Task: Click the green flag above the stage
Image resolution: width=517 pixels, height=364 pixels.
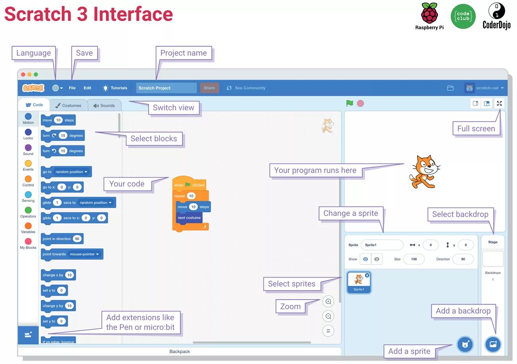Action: (349, 103)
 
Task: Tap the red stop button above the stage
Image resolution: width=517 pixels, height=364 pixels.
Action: (360, 103)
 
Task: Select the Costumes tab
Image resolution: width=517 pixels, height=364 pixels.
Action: (68, 105)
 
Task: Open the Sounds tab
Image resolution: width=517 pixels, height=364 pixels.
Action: (104, 105)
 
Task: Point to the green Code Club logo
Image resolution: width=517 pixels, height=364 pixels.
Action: (463, 17)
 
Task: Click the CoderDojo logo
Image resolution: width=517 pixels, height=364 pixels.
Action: (496, 16)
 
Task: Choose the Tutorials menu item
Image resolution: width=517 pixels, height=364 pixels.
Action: (115, 88)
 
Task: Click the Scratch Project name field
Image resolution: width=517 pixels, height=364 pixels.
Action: (166, 88)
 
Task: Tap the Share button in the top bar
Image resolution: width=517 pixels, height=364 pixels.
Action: (209, 88)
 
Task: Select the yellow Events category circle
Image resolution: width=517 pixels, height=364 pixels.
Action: (28, 163)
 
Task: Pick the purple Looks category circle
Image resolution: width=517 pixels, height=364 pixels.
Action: (28, 132)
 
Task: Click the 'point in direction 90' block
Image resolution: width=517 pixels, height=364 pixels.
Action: (62, 239)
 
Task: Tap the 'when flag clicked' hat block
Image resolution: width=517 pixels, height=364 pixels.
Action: (189, 184)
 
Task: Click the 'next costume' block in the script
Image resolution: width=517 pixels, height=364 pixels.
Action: (189, 218)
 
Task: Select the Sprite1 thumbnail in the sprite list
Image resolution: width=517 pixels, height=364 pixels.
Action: (359, 282)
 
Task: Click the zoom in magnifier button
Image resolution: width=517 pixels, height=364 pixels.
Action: (328, 301)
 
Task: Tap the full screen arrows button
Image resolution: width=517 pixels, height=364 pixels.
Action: (499, 103)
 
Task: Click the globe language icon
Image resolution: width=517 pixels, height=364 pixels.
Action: (55, 88)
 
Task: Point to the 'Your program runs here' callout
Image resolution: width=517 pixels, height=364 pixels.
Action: (315, 170)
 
